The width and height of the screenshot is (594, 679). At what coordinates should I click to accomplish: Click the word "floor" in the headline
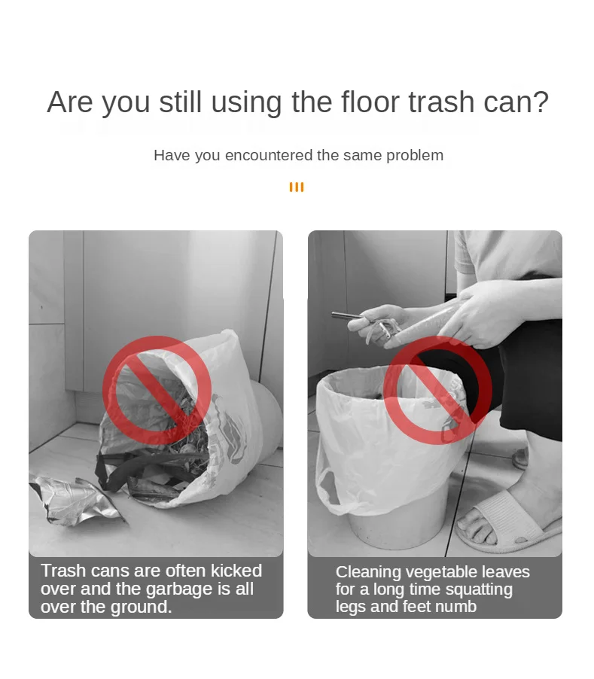pyautogui.click(x=370, y=102)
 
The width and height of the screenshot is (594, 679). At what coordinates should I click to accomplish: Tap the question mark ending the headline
pyautogui.click(x=541, y=102)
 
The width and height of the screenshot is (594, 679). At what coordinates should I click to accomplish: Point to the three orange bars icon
pyautogui.click(x=297, y=187)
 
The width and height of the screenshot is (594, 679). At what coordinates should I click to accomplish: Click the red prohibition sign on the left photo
pyautogui.click(x=157, y=391)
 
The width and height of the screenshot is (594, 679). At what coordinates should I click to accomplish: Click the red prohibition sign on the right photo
pyautogui.click(x=437, y=391)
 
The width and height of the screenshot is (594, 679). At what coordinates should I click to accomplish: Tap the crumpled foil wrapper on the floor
pyautogui.click(x=76, y=500)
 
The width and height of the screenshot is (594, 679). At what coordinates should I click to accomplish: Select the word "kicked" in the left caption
pyautogui.click(x=236, y=571)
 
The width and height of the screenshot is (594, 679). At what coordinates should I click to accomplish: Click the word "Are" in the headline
pyautogui.click(x=70, y=102)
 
